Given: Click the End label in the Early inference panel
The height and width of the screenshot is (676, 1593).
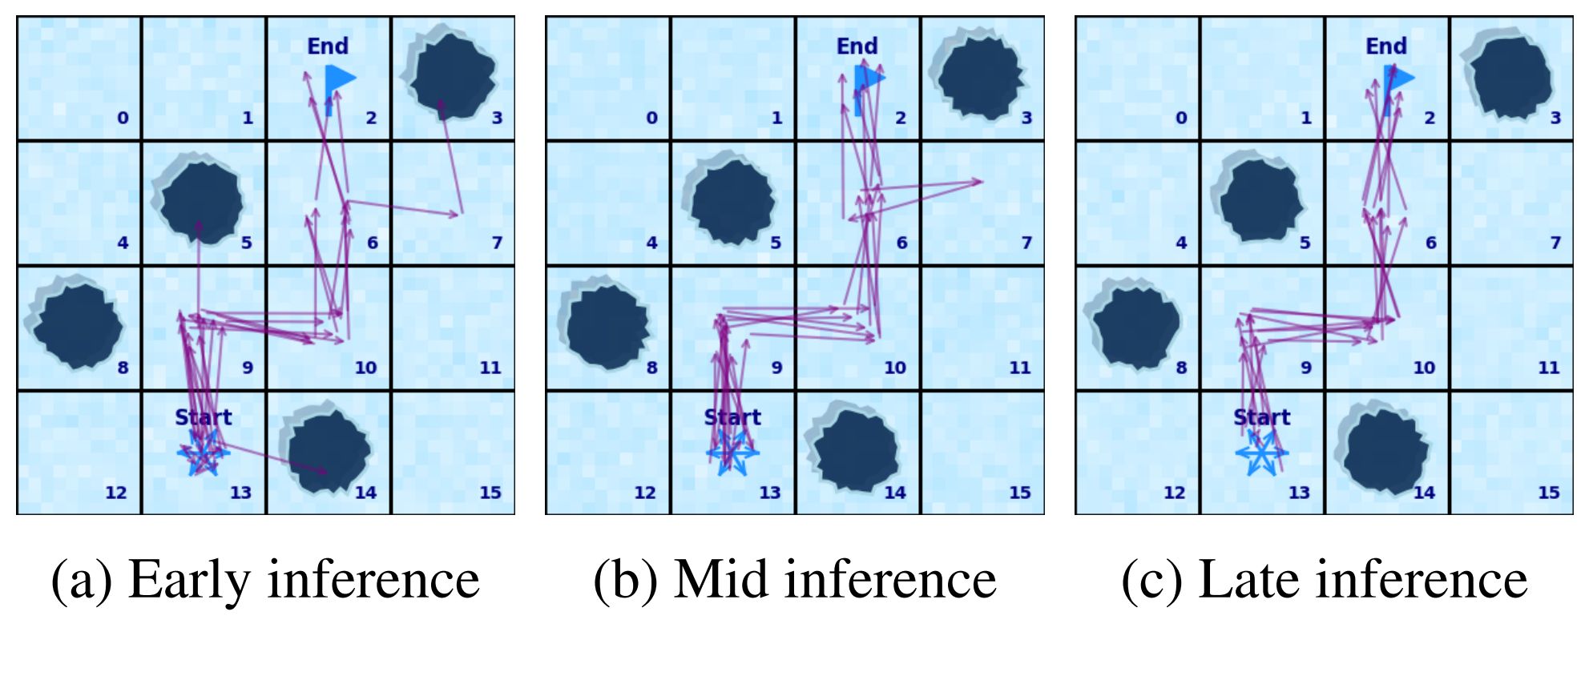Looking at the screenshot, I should click(x=328, y=46).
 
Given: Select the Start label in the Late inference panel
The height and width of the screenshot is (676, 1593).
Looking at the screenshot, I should click(x=1261, y=417).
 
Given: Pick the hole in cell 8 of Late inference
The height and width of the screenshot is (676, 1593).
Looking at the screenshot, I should click(x=1135, y=327).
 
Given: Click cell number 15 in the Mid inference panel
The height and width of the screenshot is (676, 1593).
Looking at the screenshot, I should click(x=1019, y=493).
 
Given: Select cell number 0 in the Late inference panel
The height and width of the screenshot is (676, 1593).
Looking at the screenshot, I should click(x=1181, y=118).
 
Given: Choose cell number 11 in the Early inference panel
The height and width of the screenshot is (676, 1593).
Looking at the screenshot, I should click(x=490, y=368).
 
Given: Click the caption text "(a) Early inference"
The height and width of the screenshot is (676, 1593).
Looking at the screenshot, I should click(x=265, y=579).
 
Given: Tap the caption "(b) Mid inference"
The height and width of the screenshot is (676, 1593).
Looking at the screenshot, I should click(x=795, y=579).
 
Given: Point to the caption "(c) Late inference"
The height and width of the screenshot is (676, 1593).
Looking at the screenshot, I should click(x=1324, y=579).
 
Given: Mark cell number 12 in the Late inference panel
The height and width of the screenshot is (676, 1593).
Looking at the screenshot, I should click(x=1174, y=493).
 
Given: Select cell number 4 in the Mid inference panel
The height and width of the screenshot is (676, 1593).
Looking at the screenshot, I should click(x=651, y=243).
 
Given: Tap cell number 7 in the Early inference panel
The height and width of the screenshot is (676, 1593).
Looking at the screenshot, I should click(x=497, y=243).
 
